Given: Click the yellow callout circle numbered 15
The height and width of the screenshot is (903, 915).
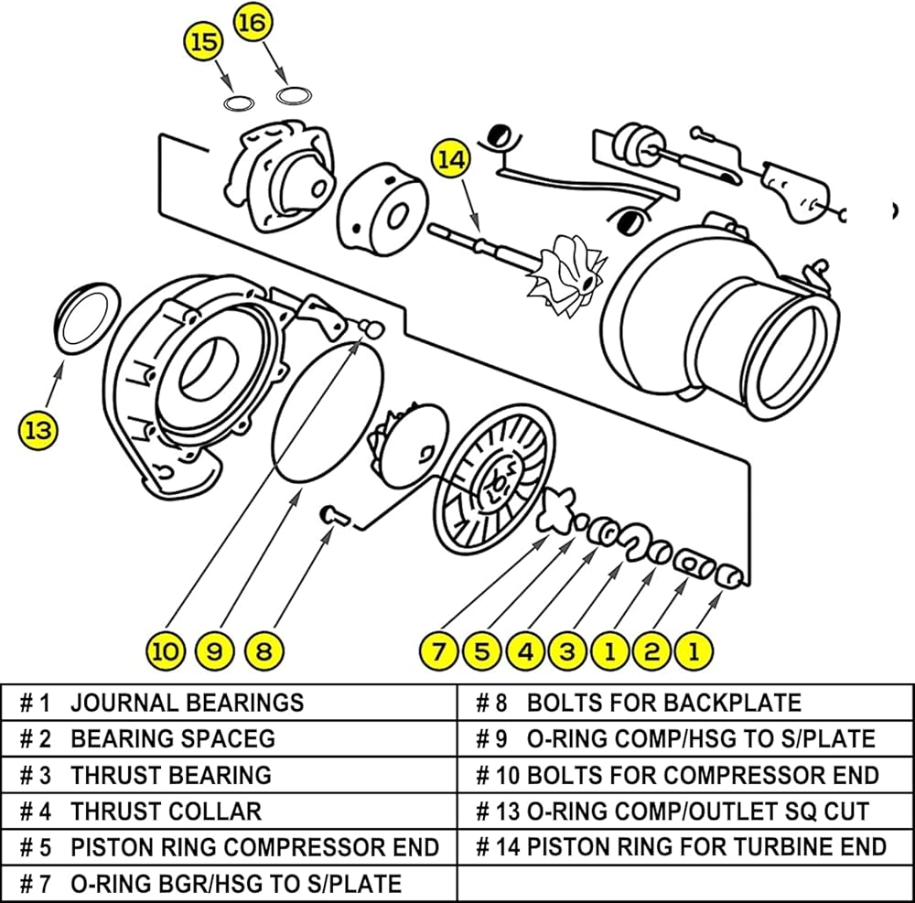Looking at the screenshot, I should click(x=205, y=41).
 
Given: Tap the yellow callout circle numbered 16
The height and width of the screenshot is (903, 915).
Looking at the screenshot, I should click(x=253, y=22).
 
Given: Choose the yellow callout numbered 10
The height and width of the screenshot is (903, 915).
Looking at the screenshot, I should click(x=166, y=651).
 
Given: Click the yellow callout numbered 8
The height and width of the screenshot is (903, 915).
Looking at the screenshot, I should click(x=264, y=651).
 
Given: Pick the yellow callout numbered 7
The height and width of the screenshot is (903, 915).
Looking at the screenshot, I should click(x=439, y=651).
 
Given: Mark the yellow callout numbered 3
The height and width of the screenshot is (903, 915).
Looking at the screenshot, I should click(x=567, y=651).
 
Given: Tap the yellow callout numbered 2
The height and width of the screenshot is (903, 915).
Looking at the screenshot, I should click(x=651, y=651).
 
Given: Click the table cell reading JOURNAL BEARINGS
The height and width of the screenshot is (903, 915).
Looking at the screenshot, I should click(x=187, y=703).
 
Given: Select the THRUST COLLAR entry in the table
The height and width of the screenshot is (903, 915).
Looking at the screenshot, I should click(x=166, y=811).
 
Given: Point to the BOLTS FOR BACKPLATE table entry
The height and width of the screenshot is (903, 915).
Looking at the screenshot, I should click(x=663, y=703).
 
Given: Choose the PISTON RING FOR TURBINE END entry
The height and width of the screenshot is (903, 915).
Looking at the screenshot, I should click(x=706, y=846).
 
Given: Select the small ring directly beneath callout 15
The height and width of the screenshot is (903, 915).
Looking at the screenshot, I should click(x=239, y=102).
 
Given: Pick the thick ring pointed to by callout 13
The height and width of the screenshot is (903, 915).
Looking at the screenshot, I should click(x=88, y=316).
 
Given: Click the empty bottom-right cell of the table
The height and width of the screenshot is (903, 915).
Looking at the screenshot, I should click(x=684, y=883).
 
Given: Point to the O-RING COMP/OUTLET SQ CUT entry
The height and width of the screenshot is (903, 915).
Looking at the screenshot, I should click(x=697, y=811).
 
